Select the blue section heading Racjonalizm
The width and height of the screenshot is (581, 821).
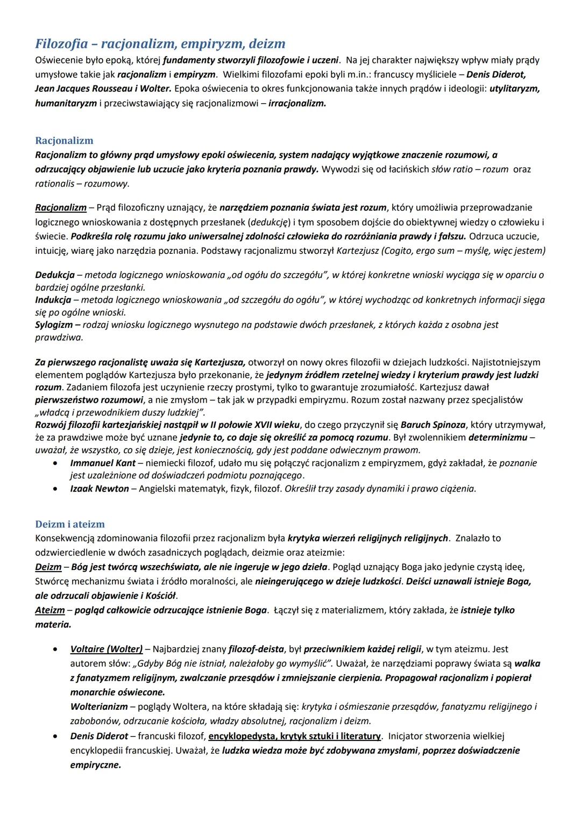pyautogui.click(x=64, y=141)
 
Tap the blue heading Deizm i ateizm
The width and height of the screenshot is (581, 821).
pyautogui.click(x=70, y=524)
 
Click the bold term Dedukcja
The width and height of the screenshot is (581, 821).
pyautogui.click(x=55, y=275)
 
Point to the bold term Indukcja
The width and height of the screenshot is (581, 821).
pyautogui.click(x=53, y=300)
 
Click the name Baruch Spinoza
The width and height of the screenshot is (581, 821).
pyautogui.click(x=433, y=425)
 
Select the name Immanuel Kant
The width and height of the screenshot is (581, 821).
pyautogui.click(x=103, y=463)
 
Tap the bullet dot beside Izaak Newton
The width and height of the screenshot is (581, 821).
pyautogui.click(x=56, y=489)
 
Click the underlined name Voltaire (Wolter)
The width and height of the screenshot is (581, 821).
pyautogui.click(x=107, y=649)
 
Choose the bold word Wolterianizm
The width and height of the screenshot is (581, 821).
pyautogui.click(x=99, y=706)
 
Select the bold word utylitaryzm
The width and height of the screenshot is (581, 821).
pyautogui.click(x=514, y=89)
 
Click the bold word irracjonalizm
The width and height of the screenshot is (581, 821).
pyautogui.click(x=297, y=103)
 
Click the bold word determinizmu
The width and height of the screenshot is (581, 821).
pyautogui.click(x=498, y=438)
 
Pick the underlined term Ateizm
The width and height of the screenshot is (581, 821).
pyautogui.click(x=50, y=610)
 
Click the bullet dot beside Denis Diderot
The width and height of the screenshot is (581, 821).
pyautogui.click(x=56, y=737)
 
